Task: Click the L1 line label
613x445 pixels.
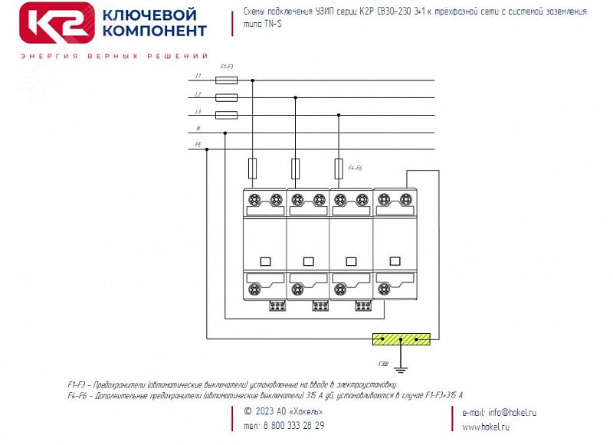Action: pyautogui.click(x=198, y=77)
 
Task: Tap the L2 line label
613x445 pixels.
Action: pyautogui.click(x=198, y=94)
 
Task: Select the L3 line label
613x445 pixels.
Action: pyautogui.click(x=198, y=112)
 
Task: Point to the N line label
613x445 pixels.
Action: pyautogui.click(x=198, y=129)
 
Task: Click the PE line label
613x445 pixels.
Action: pyautogui.click(x=198, y=145)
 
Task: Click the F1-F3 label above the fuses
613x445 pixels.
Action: pyautogui.click(x=227, y=67)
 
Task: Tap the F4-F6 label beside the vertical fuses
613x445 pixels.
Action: pyautogui.click(x=356, y=167)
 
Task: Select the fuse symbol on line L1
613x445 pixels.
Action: pyautogui.click(x=227, y=80)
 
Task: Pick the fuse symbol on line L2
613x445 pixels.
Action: pyautogui.click(x=227, y=97)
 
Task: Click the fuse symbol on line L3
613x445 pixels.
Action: pyautogui.click(x=227, y=115)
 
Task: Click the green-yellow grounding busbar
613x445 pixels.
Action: pyautogui.click(x=401, y=338)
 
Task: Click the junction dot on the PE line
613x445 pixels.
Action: pyautogui.click(x=207, y=150)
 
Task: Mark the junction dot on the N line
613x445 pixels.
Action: pyautogui.click(x=225, y=133)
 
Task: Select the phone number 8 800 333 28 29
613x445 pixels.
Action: pyautogui.click(x=293, y=426)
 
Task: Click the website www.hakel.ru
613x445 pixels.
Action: pyautogui.click(x=486, y=427)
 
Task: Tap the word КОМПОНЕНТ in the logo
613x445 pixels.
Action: pyautogui.click(x=155, y=31)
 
